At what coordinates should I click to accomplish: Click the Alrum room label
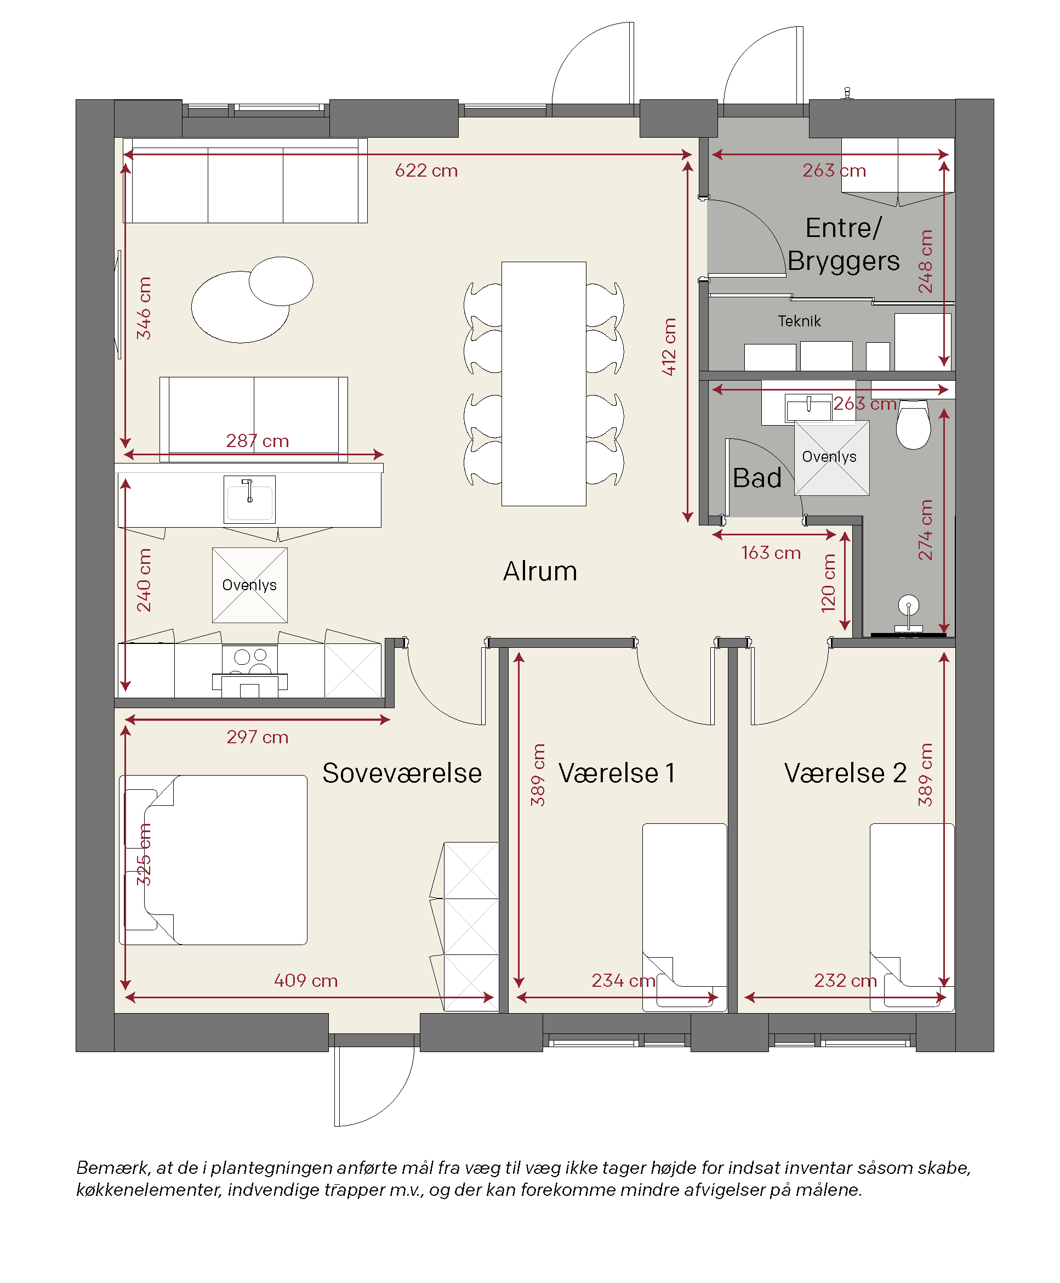tap(540, 571)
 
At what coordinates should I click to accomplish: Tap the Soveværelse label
tap(402, 773)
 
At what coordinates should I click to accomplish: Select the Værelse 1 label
tap(617, 773)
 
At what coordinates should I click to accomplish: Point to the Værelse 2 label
tap(845, 773)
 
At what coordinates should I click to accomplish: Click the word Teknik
tap(799, 321)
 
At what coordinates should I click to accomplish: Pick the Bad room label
tap(757, 478)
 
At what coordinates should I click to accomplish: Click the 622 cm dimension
tap(426, 171)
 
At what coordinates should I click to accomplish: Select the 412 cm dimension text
tap(669, 347)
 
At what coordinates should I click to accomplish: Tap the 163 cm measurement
tap(771, 553)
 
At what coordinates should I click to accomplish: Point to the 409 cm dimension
tap(305, 981)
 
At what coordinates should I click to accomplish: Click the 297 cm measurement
tap(257, 737)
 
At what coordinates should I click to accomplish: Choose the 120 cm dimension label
tap(828, 583)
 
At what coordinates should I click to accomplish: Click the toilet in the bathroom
tap(914, 425)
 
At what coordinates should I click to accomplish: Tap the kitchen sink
tap(249, 500)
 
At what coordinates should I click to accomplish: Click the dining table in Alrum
tap(544, 383)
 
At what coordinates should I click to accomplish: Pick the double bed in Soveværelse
tap(213, 860)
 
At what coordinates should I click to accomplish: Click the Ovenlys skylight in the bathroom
tap(831, 457)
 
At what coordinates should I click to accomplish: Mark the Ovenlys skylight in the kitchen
tap(250, 585)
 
